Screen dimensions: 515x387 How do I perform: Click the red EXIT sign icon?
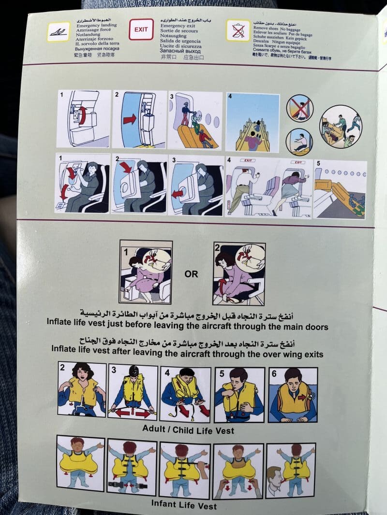pos(141,29)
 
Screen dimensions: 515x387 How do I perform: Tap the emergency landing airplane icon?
pos(58,31)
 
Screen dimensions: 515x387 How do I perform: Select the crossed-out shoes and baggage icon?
pos(238,30)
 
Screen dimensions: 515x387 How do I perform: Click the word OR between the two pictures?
pos(191,274)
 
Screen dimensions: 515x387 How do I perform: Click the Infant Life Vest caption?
pos(184,505)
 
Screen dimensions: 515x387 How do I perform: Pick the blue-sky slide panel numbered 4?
pos(253,122)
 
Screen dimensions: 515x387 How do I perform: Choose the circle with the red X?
pos(299,108)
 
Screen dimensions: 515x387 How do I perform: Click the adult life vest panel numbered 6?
pos(293,391)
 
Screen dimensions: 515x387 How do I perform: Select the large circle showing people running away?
pos(341,127)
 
